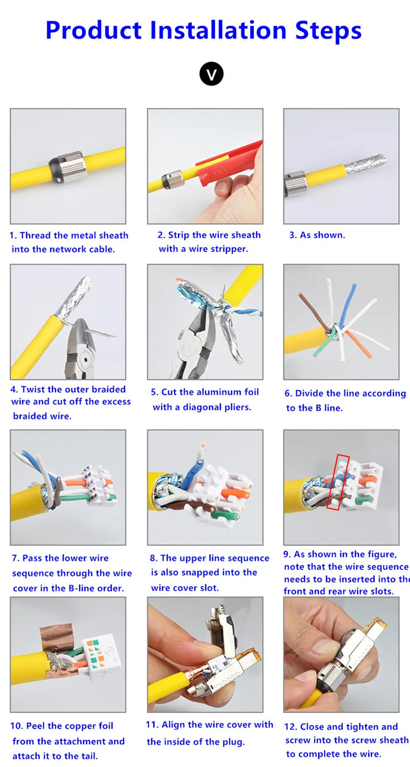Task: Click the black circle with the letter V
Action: [x=211, y=74]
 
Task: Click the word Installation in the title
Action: [x=218, y=30]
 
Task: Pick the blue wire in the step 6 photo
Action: [x=347, y=304]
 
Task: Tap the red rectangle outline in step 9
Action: [x=338, y=482]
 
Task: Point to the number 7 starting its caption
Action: [x=15, y=558]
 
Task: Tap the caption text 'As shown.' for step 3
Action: [x=322, y=235]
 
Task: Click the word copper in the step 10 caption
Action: [x=72, y=726]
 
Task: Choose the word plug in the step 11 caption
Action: [x=234, y=742]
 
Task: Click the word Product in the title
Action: [x=93, y=30]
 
